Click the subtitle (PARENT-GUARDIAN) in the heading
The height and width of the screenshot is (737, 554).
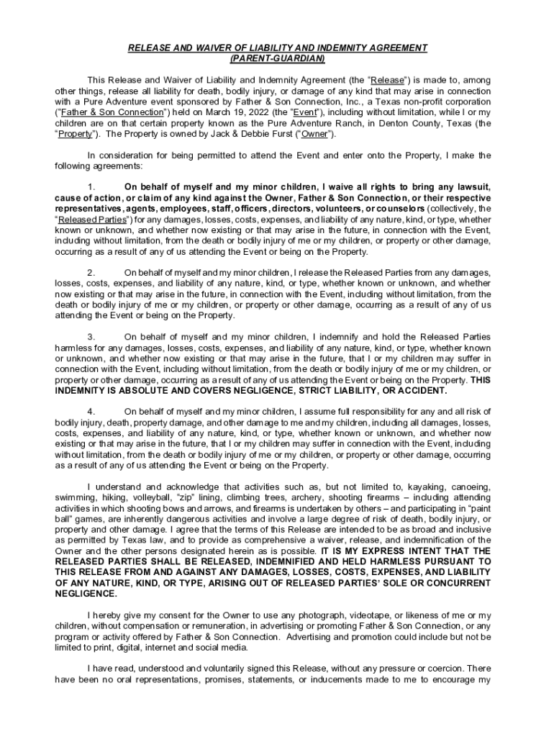point(277,58)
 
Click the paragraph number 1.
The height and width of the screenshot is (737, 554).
point(91,187)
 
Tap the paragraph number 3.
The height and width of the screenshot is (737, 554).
point(91,337)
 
